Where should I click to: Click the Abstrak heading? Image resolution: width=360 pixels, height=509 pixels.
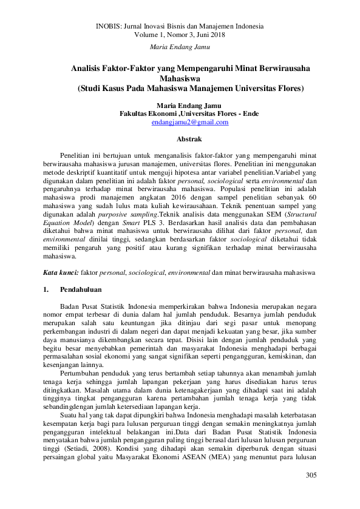point(180,140)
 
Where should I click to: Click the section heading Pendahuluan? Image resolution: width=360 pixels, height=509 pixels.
point(81,290)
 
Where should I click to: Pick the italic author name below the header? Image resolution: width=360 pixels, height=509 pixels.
point(180,47)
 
